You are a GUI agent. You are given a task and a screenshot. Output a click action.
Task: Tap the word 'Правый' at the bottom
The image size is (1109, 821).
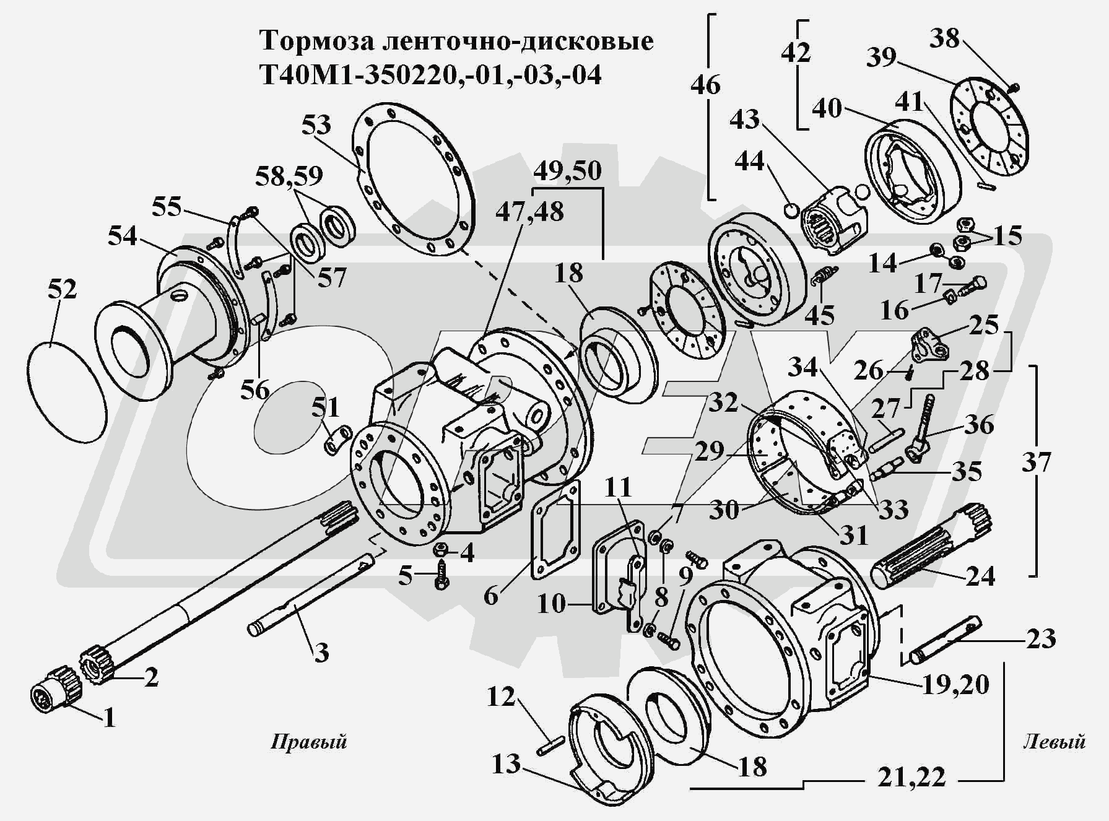(308, 741)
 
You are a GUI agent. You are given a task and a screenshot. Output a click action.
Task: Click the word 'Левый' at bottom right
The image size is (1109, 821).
(1055, 741)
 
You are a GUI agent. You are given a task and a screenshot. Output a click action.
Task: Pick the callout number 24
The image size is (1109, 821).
(980, 576)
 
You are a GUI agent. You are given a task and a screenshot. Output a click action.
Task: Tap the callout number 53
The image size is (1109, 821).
(316, 124)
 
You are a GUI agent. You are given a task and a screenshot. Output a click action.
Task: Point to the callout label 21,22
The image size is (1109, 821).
(911, 776)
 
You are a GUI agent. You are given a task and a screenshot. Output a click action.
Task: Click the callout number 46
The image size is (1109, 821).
(705, 84)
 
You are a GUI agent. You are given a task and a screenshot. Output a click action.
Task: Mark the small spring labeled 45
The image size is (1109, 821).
(824, 275)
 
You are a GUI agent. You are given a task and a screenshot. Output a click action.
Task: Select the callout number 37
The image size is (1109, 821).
(1036, 462)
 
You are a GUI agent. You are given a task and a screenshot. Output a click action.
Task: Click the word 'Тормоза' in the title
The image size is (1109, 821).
(313, 41)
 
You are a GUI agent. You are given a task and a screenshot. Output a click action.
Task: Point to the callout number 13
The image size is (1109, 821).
(506, 763)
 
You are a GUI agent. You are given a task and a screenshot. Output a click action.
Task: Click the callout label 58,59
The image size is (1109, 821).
(289, 176)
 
